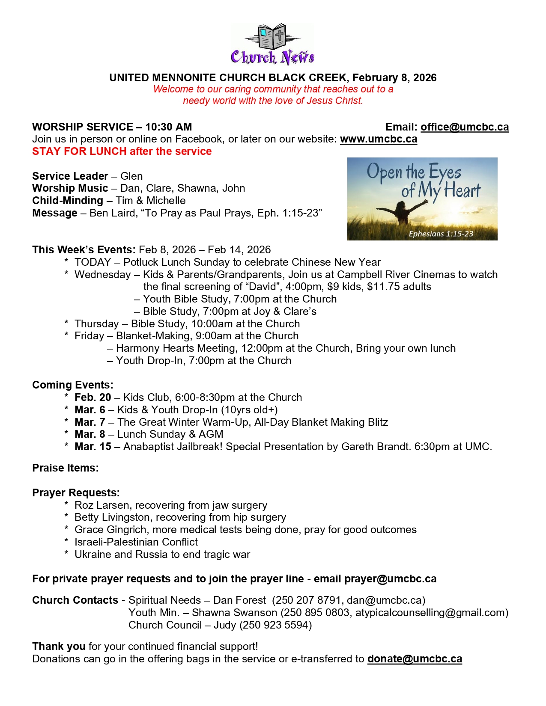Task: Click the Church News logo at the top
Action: (273, 44)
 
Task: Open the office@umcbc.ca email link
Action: (464, 127)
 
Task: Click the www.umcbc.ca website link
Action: (378, 139)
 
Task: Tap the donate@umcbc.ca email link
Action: (415, 659)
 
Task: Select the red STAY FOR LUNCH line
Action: (122, 151)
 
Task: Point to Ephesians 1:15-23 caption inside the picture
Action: (441, 234)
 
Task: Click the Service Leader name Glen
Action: (131, 176)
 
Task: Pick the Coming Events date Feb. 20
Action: (92, 397)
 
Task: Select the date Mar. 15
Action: (92, 447)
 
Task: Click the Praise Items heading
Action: (65, 468)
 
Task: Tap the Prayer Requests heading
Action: (75, 493)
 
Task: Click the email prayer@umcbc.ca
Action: (390, 579)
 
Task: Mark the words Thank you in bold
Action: (59, 647)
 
